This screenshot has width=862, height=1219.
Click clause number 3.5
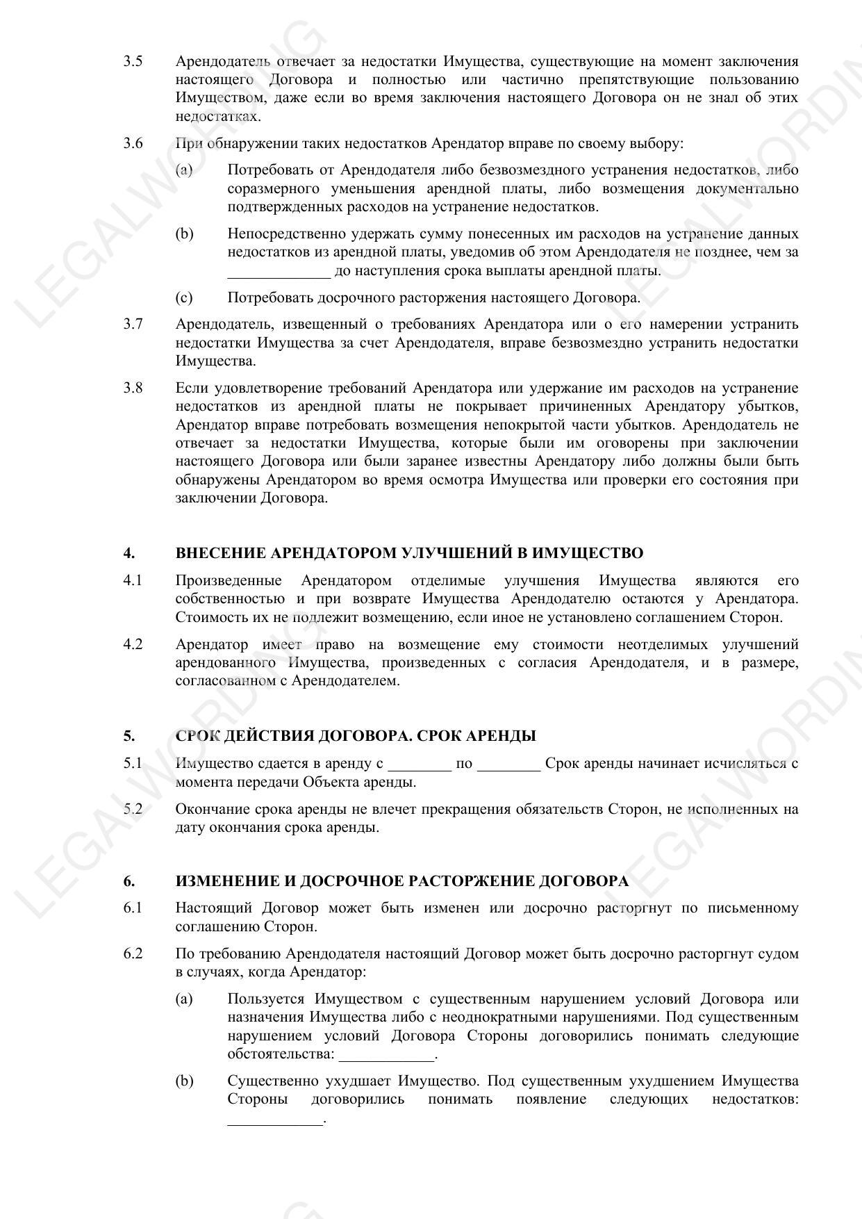(133, 61)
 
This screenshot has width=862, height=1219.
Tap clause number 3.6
(133, 143)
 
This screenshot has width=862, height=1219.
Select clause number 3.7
(133, 325)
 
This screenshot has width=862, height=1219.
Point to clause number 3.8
(133, 388)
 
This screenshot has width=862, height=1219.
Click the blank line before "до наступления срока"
(279, 272)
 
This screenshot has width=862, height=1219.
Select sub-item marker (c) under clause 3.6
(184, 298)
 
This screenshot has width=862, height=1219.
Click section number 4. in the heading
(129, 553)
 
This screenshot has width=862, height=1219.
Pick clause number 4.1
(133, 580)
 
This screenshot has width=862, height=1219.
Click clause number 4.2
(133, 644)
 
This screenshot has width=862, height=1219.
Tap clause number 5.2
(133, 809)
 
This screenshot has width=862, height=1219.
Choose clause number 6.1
(133, 908)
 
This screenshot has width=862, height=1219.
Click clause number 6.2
(133, 954)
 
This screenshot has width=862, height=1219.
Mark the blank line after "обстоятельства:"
(386, 1056)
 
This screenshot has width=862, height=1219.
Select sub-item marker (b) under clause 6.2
(184, 1081)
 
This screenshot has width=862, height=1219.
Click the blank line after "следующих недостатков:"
(276, 1120)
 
